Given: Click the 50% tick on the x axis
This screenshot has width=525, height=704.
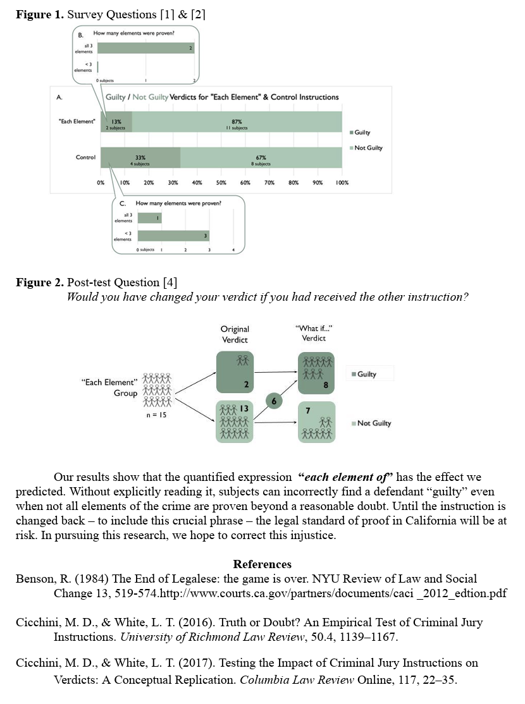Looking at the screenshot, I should (x=221, y=183).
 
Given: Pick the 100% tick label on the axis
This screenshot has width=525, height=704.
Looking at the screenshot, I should (x=342, y=183).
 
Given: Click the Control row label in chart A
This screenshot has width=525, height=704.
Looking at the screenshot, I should (x=85, y=157).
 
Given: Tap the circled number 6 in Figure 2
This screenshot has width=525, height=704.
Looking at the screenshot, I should (x=274, y=401).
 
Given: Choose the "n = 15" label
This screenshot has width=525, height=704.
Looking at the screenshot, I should (x=156, y=416).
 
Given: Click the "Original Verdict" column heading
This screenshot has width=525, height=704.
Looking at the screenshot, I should (x=235, y=334).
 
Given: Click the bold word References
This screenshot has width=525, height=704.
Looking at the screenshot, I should (x=262, y=564).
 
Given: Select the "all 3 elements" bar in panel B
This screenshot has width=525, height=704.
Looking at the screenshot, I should (x=146, y=48).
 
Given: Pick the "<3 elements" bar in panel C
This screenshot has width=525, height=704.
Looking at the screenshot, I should (x=173, y=236).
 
